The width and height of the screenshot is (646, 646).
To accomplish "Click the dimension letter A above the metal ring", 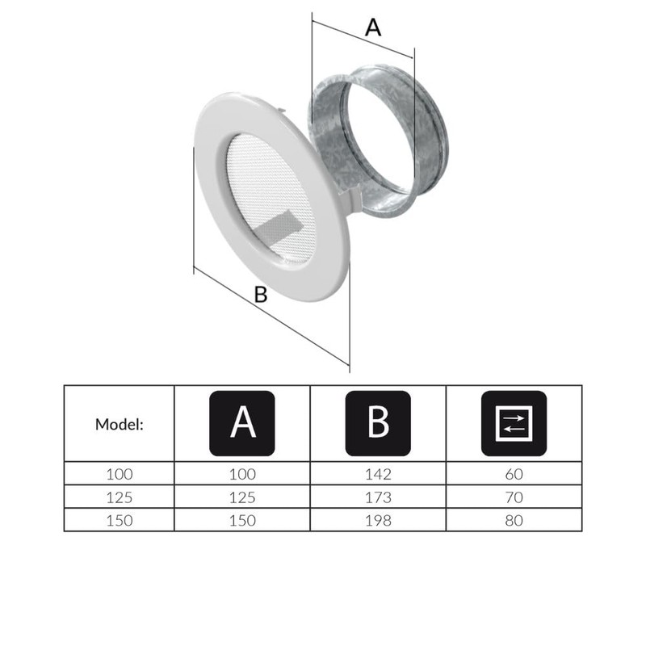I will coord(372,27).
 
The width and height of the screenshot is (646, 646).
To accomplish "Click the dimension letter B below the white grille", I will coord(260,295).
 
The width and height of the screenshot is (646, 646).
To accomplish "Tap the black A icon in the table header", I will coord(242,422).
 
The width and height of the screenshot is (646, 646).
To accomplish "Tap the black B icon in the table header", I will coord(377,422).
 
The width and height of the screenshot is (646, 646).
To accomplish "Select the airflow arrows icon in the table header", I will coord(514,422).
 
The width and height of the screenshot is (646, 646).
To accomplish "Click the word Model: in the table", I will coord(120,423).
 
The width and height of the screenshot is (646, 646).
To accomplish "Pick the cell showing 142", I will coord(378,474).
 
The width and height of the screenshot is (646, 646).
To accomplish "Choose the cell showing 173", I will coord(378,497).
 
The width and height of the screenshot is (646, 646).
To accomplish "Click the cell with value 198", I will coord(378,520).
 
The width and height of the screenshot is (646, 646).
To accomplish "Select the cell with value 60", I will coord(514,474).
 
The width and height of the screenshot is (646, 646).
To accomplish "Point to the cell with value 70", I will coord(514,497).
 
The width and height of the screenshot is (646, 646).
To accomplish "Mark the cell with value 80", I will coord(514,520).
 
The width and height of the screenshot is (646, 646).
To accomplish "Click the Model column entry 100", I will coord(120,474).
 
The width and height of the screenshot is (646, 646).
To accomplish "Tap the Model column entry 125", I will coord(120,497).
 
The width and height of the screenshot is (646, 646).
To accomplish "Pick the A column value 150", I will coord(242,520).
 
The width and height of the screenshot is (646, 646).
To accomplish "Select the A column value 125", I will coord(242,497).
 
